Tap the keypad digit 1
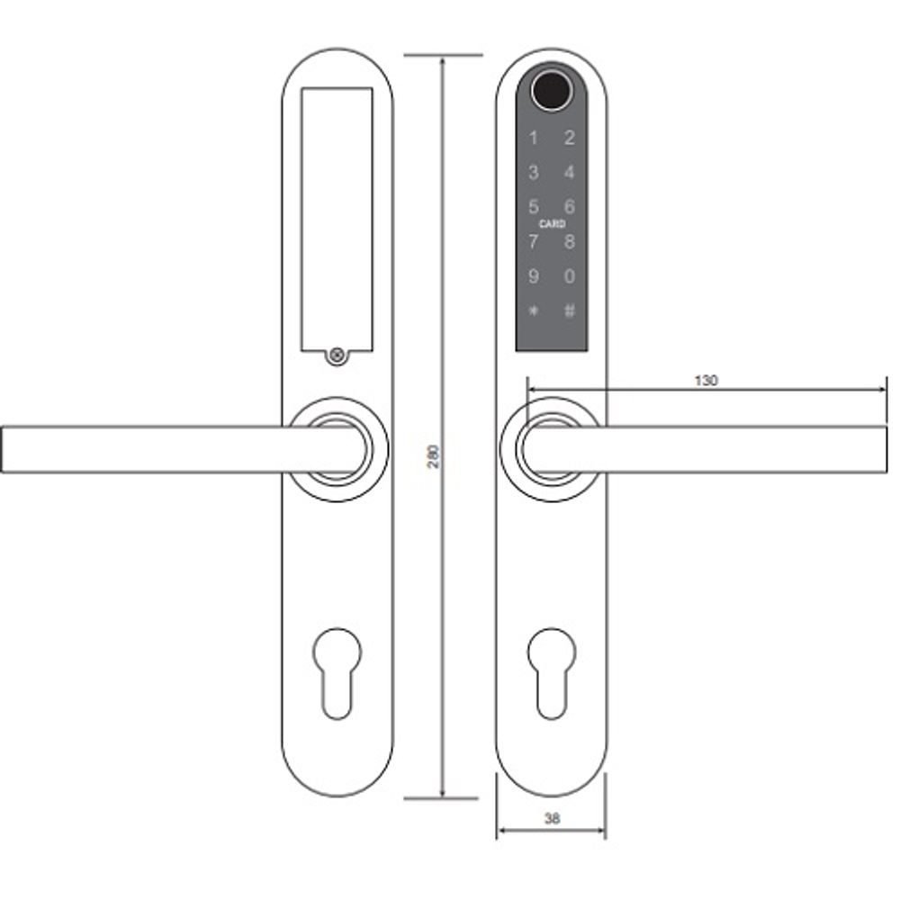[534, 139]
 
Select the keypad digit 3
[534, 173]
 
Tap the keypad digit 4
[569, 173]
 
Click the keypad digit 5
[534, 207]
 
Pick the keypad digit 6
[569, 207]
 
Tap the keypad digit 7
[534, 242]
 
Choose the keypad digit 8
[569, 242]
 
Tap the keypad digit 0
[569, 277]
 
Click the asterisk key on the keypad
[534, 311]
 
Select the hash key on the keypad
[569, 311]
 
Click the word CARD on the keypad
[552, 224]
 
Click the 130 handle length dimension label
[706, 381]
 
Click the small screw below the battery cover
[337, 355]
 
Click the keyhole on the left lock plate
[337, 670]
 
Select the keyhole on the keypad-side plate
[551, 670]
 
